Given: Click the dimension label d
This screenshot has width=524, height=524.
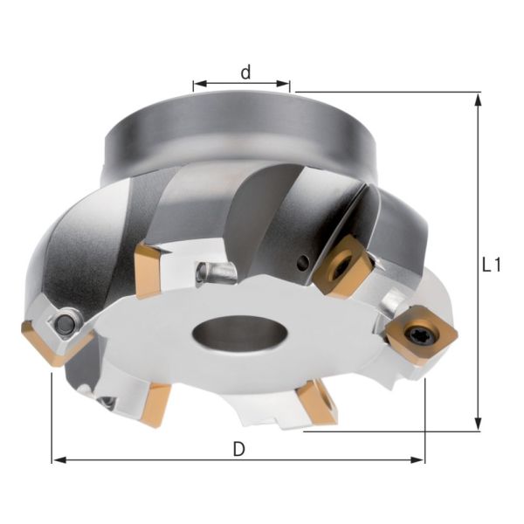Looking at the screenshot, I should [x=246, y=72].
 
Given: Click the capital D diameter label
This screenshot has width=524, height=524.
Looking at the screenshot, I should [x=238, y=448].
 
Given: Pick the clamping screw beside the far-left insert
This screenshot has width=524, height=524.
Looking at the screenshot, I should [x=65, y=324].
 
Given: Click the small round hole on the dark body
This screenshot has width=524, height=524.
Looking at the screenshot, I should [x=301, y=261].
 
